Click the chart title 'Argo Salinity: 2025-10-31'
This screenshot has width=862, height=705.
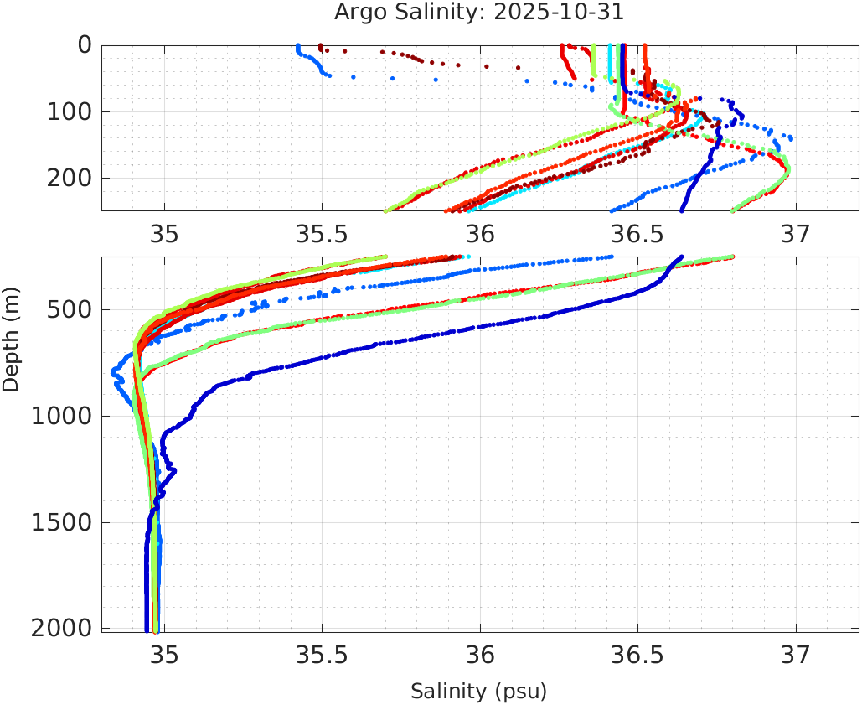pyautogui.click(x=479, y=13)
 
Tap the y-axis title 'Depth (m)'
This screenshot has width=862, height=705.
pyautogui.click(x=11, y=338)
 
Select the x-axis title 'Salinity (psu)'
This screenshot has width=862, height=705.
pyautogui.click(x=478, y=692)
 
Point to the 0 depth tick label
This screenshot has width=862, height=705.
pyautogui.click(x=85, y=44)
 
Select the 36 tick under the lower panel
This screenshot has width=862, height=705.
pyautogui.click(x=480, y=655)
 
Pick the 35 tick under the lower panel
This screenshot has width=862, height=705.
pyautogui.click(x=164, y=655)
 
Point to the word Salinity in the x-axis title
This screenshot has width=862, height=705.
pyautogui.click(x=447, y=692)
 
